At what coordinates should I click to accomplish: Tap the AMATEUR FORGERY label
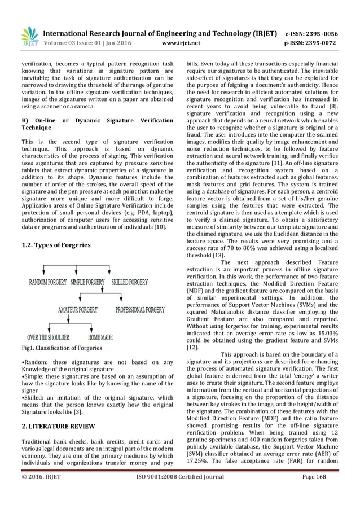point(78,310)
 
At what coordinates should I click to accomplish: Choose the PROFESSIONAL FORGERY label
point(140,310)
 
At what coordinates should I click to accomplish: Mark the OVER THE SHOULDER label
point(49,337)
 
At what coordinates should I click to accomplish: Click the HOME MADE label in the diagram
point(100,337)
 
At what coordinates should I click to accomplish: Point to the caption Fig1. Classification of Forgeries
point(62,348)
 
